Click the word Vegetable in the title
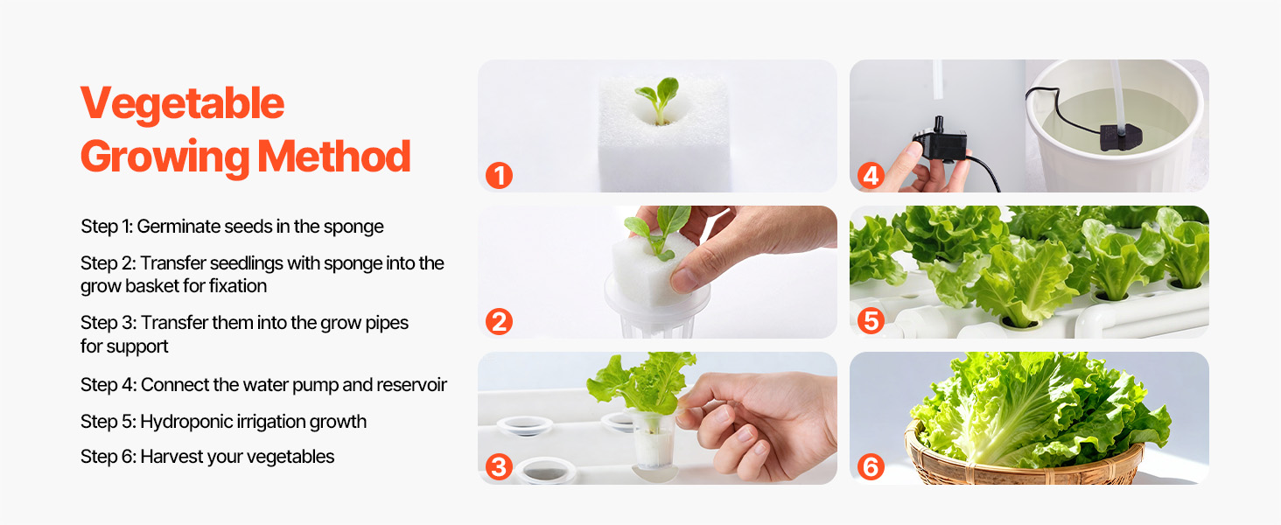point(182,104)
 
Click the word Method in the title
point(334,156)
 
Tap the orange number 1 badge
point(499,176)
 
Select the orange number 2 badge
point(499,321)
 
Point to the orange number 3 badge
point(499,466)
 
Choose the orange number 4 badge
point(871,176)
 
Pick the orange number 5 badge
point(871,321)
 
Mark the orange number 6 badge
point(871,466)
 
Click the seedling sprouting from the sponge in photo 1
point(660,98)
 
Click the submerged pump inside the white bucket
point(1120,137)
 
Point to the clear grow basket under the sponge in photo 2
point(658,309)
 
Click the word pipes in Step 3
point(387,324)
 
